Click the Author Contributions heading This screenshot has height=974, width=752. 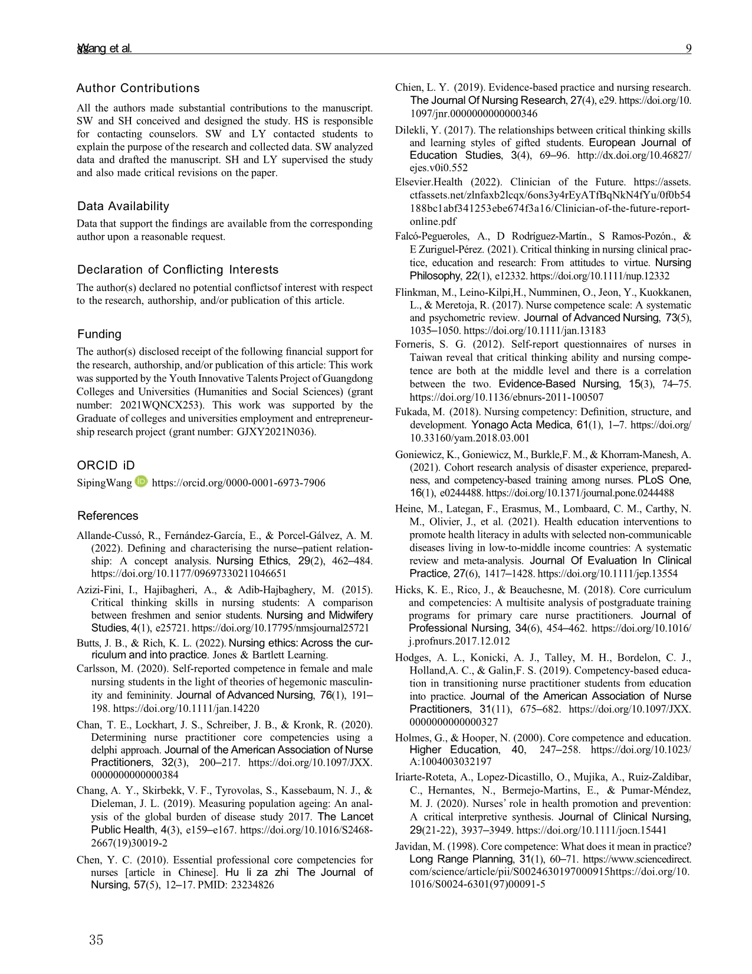(x=138, y=89)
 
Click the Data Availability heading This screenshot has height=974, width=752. (x=123, y=206)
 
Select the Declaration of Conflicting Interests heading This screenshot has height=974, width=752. (x=178, y=270)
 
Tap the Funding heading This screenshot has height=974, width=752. (x=99, y=334)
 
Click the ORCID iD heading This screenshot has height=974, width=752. (x=106, y=465)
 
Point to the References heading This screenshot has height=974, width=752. (x=107, y=516)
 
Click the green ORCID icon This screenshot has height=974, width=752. (x=141, y=482)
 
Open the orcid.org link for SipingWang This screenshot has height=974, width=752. (x=238, y=483)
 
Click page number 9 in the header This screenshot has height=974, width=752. (x=688, y=49)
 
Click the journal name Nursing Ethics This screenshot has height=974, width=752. (x=252, y=561)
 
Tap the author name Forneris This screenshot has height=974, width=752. (x=416, y=344)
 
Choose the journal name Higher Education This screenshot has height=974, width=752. (x=445, y=750)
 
